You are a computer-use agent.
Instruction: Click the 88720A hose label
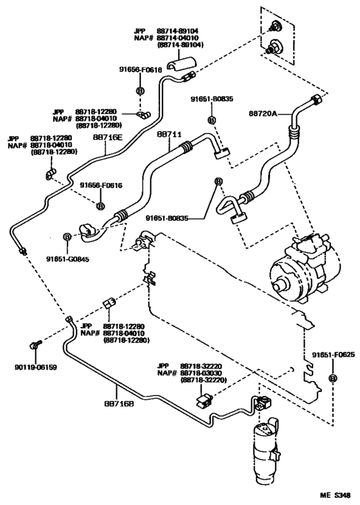tap(263, 113)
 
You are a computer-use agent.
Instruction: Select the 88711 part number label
tap(170, 135)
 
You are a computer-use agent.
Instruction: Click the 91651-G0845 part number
tap(67, 259)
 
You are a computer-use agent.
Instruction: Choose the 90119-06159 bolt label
tap(35, 368)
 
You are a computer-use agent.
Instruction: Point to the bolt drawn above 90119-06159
tap(35, 345)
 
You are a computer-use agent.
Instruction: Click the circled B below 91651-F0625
tap(333, 378)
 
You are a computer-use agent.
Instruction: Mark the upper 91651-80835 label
tap(212, 100)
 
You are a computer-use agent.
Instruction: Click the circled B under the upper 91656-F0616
tap(139, 91)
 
